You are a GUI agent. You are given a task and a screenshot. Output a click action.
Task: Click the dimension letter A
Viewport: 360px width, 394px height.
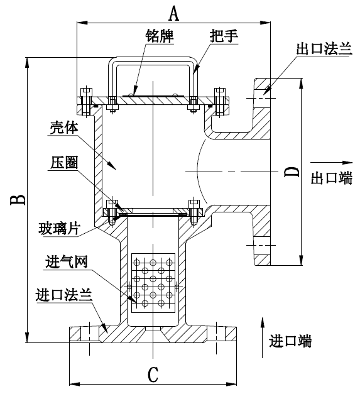[174, 13]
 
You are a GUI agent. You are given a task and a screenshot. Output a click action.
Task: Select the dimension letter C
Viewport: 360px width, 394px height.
[153, 375]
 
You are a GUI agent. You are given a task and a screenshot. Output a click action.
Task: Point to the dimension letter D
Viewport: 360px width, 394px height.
[292, 172]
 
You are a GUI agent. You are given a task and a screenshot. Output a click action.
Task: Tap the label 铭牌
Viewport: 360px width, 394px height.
[160, 36]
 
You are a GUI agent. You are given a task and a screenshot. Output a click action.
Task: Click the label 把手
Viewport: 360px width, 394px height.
[224, 36]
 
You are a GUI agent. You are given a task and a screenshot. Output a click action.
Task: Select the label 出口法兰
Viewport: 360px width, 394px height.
[324, 48]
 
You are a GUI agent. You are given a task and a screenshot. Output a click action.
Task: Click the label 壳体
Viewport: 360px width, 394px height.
[64, 128]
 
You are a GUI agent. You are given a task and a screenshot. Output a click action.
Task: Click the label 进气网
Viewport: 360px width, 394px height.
[67, 262]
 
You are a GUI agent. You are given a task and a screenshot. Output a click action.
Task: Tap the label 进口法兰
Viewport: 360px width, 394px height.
[64, 295]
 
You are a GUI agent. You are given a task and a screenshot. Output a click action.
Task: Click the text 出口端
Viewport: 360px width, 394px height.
[332, 178]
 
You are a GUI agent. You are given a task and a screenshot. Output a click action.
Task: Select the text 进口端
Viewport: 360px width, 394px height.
[290, 341]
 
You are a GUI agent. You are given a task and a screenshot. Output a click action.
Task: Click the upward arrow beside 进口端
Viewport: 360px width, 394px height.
[262, 337]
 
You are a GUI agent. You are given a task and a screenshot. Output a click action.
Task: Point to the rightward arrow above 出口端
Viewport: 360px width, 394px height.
[332, 163]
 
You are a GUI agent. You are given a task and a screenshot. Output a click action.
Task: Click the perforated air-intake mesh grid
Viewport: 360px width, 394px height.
[153, 283]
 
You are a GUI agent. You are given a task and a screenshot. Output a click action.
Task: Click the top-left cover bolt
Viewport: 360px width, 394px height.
[86, 102]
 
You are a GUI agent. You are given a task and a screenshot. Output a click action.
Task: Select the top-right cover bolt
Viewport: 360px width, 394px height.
[220, 102]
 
